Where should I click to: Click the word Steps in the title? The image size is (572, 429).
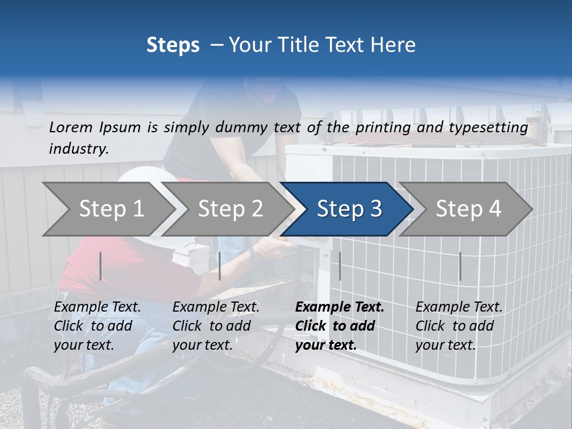click(173, 45)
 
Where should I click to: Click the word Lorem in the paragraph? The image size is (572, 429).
click(71, 127)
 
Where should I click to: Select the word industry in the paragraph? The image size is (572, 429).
click(78, 149)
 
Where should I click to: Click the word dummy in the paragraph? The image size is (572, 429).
click(243, 128)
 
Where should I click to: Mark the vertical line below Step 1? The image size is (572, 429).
click(101, 266)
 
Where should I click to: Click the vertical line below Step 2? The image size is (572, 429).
click(220, 266)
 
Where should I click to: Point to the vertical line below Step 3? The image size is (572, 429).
click(340, 266)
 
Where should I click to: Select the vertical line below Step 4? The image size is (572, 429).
click(460, 266)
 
